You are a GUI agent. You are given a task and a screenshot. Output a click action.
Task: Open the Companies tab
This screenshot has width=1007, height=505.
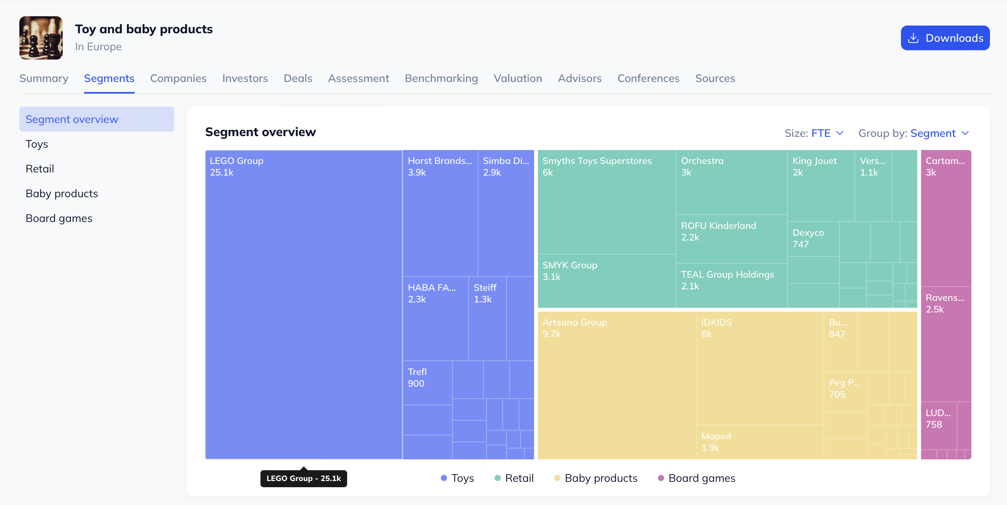pos(178,78)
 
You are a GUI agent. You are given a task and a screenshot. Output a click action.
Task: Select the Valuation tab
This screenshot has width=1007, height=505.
pos(517,78)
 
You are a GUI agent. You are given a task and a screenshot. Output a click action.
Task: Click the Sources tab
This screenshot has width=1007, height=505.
pos(714,78)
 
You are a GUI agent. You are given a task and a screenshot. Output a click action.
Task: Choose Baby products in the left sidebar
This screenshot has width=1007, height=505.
pos(62,193)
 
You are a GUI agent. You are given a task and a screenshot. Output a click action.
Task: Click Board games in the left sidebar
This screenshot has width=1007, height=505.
pos(59,218)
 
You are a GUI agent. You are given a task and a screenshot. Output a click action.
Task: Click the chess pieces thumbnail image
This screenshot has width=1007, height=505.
pos(41,38)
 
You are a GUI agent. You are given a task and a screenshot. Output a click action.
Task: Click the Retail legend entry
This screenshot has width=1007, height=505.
pos(514,478)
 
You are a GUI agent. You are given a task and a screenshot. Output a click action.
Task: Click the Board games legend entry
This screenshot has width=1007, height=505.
pos(697,478)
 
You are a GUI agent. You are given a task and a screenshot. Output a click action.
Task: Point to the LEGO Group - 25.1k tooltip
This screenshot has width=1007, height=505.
pos(303,478)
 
